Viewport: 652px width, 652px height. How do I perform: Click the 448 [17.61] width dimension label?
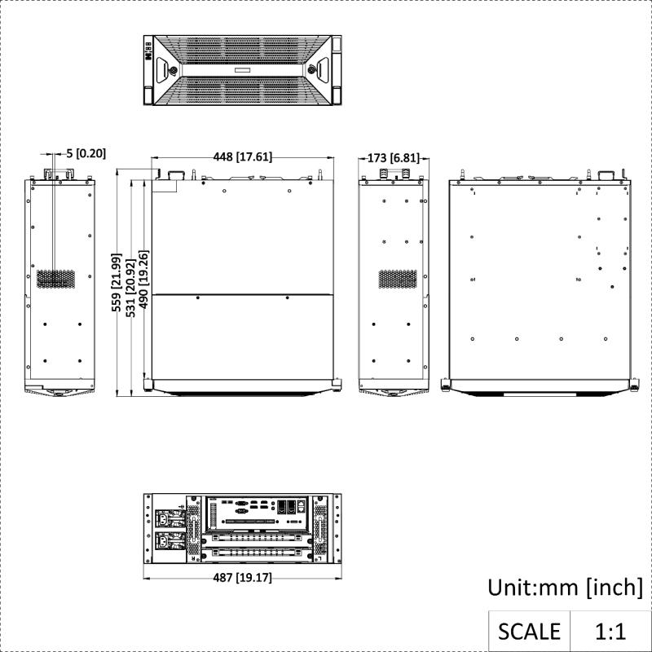coord(242,156)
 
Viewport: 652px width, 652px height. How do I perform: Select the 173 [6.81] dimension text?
coord(394,158)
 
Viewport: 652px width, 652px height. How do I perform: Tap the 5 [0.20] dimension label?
coord(86,153)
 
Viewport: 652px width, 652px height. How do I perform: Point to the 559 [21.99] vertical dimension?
coord(117,282)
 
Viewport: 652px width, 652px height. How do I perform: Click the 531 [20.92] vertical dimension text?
coord(130,288)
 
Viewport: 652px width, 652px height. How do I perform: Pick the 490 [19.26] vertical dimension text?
coord(143,279)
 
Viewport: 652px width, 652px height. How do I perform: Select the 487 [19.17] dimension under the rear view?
coord(242,578)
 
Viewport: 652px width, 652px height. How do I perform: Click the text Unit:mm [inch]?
coord(565,588)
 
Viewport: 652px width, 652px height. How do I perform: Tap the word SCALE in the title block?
coord(529,631)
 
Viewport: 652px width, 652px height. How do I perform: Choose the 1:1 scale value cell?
coord(610,631)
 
